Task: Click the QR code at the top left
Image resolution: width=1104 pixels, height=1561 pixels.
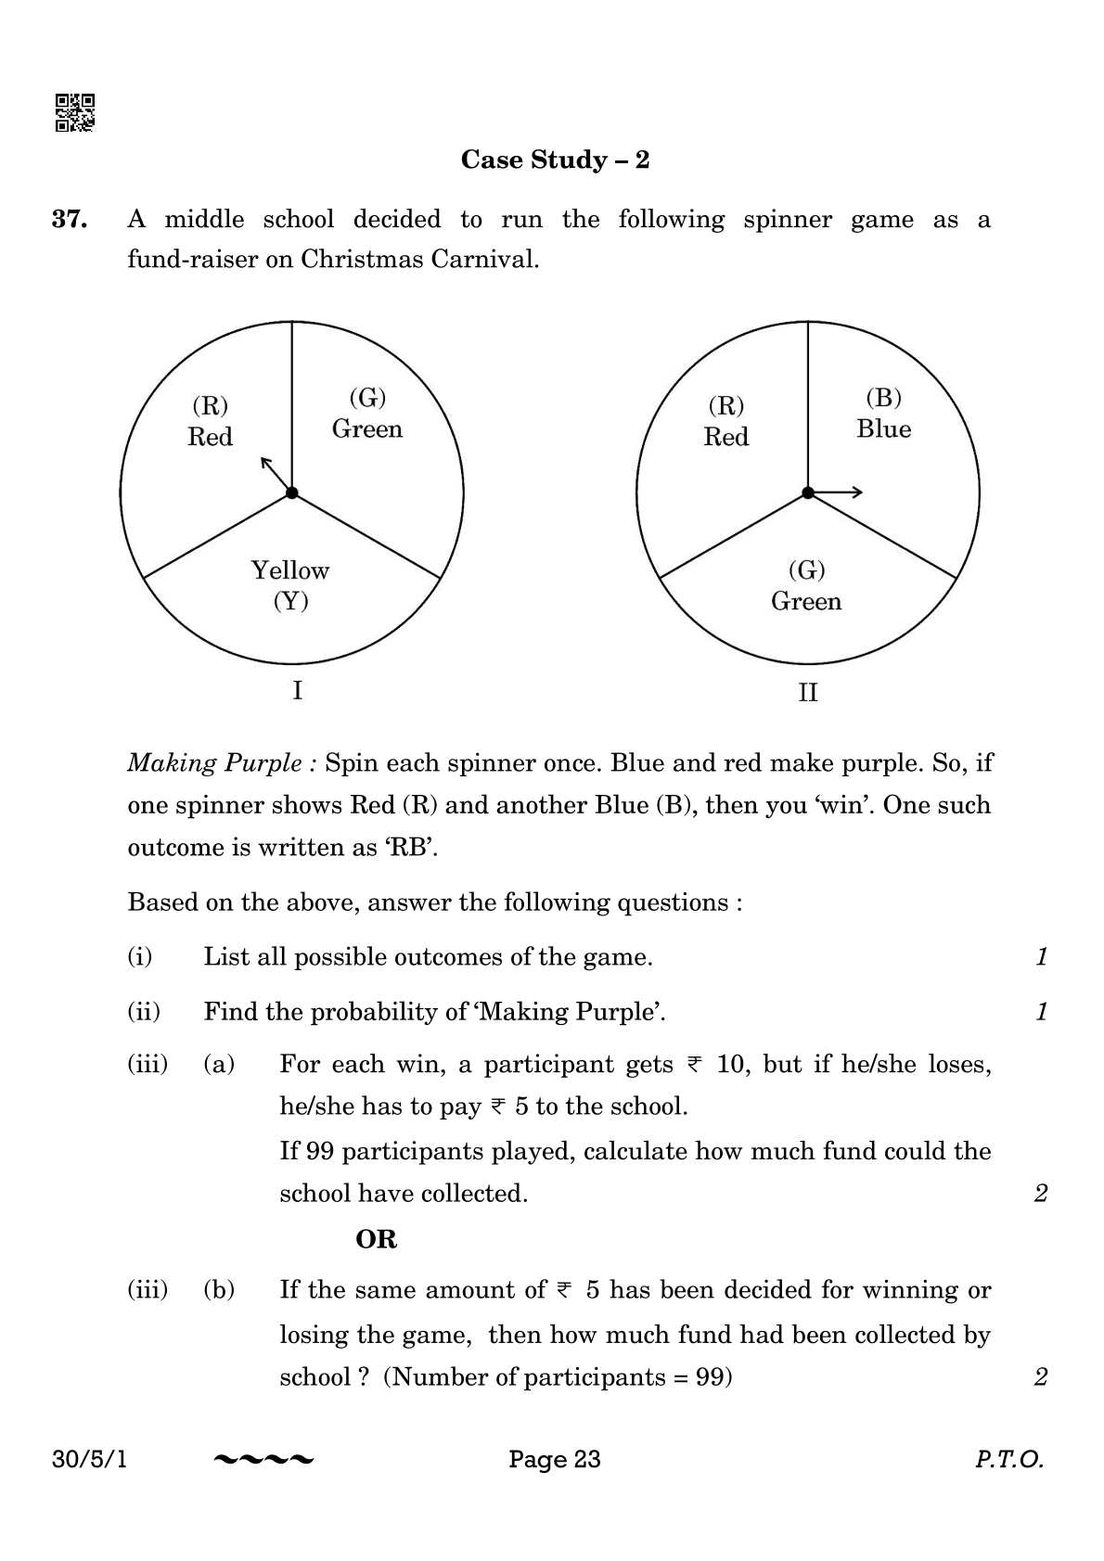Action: pos(74,112)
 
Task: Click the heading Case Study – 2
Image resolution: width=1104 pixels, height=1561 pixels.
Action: pos(555,160)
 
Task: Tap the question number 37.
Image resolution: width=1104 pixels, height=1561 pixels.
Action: pos(70,220)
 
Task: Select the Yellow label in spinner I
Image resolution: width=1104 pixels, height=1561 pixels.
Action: pos(289,570)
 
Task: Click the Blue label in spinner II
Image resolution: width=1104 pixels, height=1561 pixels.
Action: pos(883,429)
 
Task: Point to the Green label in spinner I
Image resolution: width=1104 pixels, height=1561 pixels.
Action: pos(367,429)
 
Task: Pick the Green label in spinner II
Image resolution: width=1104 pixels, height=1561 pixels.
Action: pos(805,602)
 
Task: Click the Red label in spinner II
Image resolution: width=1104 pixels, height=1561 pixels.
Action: pos(725,437)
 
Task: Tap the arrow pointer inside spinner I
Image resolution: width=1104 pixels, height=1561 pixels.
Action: pos(276,474)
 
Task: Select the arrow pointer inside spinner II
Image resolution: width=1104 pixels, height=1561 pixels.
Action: pos(838,493)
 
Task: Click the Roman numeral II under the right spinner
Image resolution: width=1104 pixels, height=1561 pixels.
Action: pos(807,693)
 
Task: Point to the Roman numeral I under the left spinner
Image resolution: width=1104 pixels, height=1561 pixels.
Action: pos(297,691)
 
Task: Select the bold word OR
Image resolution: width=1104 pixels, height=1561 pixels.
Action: pos(376,1239)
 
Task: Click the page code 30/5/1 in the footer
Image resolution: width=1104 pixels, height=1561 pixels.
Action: pos(91,1460)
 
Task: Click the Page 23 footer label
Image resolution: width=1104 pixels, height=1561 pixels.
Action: pos(554,1460)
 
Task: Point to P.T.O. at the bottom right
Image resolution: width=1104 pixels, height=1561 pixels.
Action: pos(1008,1460)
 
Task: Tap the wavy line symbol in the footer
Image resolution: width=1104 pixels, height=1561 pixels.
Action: pos(263,1461)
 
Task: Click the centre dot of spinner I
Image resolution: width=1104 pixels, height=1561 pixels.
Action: pos(292,493)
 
